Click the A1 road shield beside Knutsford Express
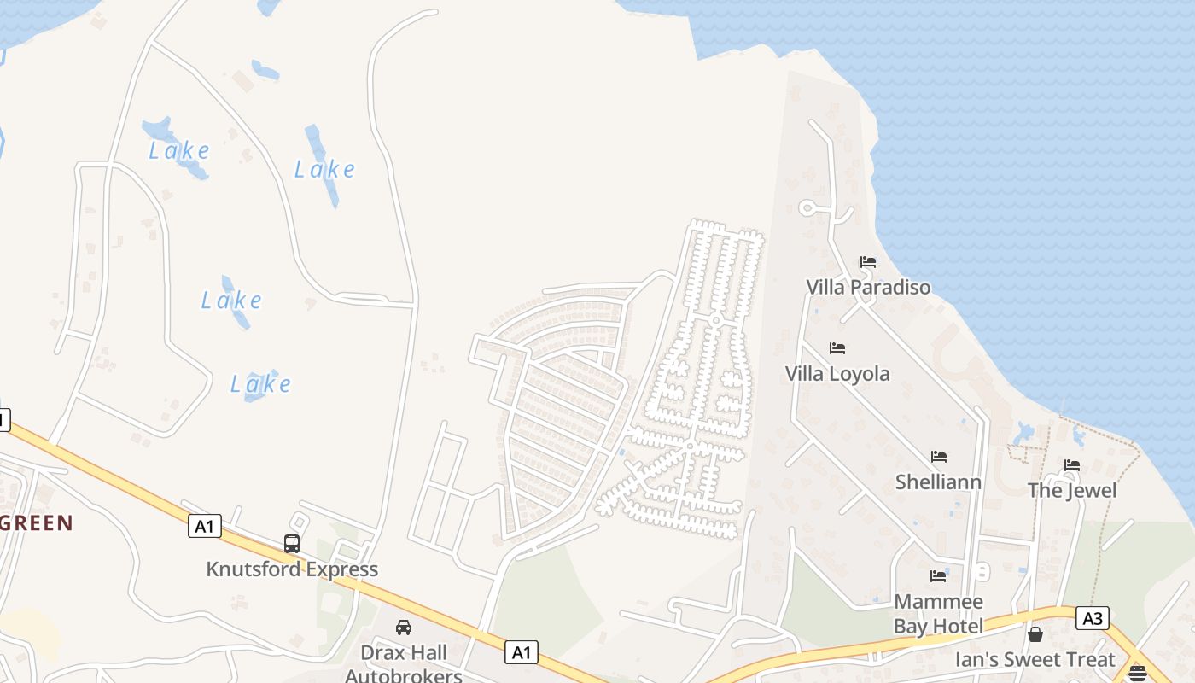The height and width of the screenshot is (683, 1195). (204, 526)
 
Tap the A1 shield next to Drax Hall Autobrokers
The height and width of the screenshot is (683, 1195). (522, 652)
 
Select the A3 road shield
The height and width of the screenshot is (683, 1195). (1092, 618)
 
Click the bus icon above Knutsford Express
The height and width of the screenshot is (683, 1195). (292, 543)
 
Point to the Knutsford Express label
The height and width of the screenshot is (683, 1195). (292, 569)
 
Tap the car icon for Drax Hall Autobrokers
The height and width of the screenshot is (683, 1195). (404, 628)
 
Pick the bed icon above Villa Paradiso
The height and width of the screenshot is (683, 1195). (868, 262)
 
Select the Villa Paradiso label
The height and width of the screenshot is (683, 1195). (868, 287)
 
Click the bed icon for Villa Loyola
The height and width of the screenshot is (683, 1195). (837, 348)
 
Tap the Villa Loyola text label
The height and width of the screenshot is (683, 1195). (837, 373)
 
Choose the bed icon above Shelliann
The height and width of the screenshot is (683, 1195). (939, 457)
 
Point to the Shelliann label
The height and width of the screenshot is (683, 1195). (939, 482)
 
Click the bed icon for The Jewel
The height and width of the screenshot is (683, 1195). (1072, 465)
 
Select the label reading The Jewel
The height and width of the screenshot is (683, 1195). (1072, 491)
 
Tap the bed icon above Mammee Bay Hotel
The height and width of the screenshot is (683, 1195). (939, 576)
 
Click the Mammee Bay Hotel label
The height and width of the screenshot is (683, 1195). (939, 614)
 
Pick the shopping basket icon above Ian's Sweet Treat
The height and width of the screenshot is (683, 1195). (1035, 634)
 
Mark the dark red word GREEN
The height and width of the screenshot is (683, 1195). (36, 522)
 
